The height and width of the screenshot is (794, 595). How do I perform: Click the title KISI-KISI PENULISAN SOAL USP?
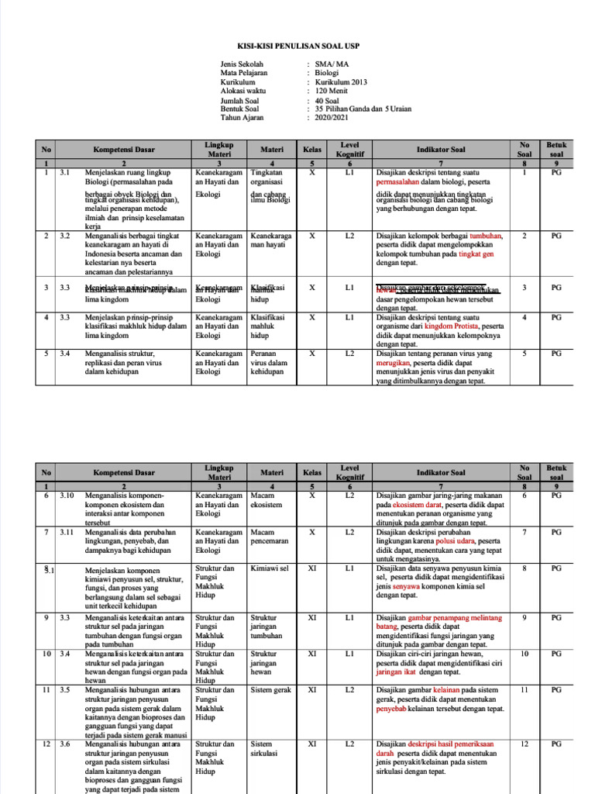[x=298, y=46]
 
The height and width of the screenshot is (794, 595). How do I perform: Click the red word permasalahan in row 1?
[x=401, y=183]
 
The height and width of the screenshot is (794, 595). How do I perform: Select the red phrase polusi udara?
[x=453, y=540]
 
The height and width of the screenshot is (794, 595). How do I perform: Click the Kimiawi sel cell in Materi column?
[x=269, y=568]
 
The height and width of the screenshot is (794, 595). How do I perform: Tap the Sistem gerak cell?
[x=270, y=689]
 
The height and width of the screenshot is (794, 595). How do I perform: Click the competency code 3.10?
[x=67, y=495]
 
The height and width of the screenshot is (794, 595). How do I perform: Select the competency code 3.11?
[x=67, y=532]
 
